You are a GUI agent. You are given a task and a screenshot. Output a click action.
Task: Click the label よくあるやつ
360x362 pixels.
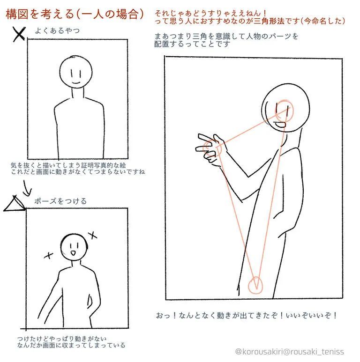(x=57, y=31)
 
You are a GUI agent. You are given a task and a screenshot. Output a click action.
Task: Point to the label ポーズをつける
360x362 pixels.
(x=60, y=201)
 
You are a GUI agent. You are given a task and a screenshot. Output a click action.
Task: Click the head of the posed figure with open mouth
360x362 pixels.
(x=73, y=245)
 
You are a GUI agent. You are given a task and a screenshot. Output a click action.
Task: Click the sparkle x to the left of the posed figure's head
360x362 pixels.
(x=48, y=256)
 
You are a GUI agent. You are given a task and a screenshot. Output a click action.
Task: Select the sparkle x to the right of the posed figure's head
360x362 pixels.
(x=92, y=235)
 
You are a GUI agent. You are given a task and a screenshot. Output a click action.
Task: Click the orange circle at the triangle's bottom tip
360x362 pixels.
(x=256, y=284)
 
